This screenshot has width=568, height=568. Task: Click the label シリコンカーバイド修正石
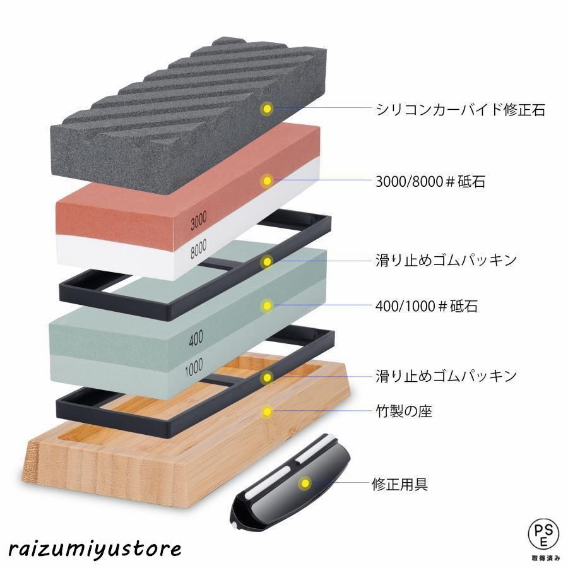point(461,109)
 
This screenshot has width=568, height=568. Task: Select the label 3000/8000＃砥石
point(430,181)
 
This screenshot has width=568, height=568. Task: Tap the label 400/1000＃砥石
point(427,306)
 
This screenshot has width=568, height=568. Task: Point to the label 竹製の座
point(404,411)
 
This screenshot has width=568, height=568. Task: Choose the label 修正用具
point(400,484)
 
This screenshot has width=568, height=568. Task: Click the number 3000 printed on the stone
point(199,220)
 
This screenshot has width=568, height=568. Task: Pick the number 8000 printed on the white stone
point(199,249)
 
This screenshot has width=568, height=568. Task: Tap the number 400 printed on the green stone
point(196,338)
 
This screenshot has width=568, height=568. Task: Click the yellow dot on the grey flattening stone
point(268,109)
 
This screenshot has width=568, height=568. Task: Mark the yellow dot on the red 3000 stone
point(268,180)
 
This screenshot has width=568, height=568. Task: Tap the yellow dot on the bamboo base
point(268,411)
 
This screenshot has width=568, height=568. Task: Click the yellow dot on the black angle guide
point(305,483)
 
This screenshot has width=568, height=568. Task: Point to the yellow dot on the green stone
point(268,305)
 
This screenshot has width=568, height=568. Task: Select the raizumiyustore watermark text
point(95,549)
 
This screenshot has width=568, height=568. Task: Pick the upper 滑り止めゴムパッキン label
point(446,260)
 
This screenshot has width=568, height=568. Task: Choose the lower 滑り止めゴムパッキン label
point(446,376)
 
